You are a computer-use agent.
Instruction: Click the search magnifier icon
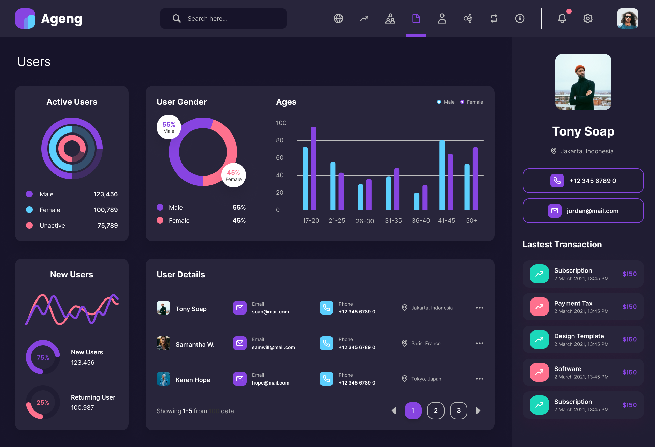point(176,18)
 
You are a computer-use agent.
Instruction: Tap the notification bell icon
point(562,18)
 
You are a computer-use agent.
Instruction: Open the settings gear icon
point(588,18)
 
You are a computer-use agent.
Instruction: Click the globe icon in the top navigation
point(338,18)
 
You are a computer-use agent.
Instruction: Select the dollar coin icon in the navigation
point(520,18)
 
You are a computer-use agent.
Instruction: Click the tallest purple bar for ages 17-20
point(314,168)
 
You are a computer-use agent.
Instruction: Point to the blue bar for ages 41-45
point(442,175)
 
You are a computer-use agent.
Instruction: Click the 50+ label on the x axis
point(471,221)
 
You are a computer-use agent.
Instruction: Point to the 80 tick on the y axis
point(280,140)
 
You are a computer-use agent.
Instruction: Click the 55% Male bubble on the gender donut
point(169,127)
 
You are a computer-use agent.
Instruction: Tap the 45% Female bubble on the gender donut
point(234,176)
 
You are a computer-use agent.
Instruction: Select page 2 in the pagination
point(436,410)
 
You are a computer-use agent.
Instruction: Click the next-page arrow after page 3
point(478,410)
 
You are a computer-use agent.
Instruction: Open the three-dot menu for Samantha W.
point(479,343)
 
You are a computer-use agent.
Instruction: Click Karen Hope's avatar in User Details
point(163,379)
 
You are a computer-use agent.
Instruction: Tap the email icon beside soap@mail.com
point(240,308)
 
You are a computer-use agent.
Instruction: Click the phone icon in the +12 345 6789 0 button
point(557,181)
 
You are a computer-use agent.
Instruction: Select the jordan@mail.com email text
point(593,211)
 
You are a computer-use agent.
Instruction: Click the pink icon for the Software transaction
point(539,372)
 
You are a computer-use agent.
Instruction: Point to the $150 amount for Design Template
point(629,339)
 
